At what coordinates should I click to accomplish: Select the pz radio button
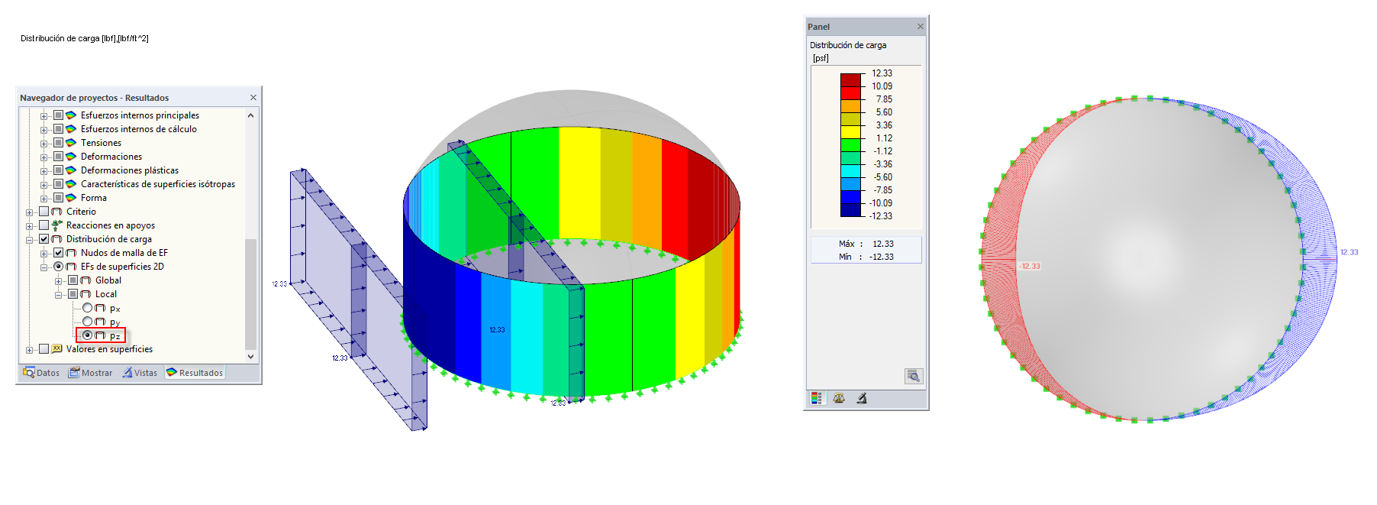coord(87,335)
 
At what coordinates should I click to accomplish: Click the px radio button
coord(87,308)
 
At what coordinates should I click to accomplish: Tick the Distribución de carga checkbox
coord(44,239)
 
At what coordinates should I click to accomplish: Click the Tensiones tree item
coord(101,143)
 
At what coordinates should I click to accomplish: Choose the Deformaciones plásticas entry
coord(130,170)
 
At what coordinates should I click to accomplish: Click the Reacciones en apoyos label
coord(111,225)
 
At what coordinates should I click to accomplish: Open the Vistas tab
coord(140,373)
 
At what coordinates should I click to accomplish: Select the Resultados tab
coord(195,373)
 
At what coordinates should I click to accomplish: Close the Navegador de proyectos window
coord(253,98)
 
